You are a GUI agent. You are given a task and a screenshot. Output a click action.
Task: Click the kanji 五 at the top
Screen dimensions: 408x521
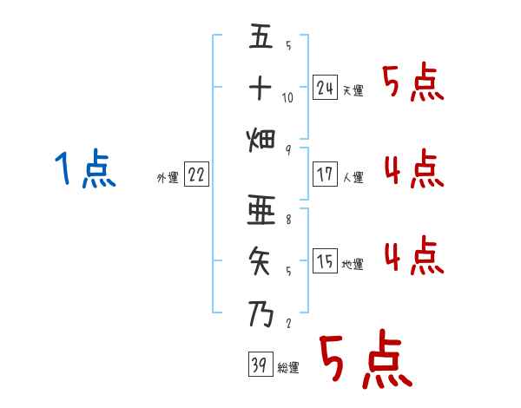click(x=261, y=37)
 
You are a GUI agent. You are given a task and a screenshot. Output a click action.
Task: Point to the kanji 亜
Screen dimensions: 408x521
click(x=261, y=212)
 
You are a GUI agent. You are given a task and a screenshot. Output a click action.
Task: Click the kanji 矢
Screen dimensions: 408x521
click(x=261, y=260)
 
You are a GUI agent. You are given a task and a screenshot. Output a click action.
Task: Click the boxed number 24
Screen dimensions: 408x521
click(x=326, y=88)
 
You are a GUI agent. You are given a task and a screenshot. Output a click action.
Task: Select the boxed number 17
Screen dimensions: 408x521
click(x=326, y=174)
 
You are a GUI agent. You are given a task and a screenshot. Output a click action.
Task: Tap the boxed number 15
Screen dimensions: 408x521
click(x=326, y=261)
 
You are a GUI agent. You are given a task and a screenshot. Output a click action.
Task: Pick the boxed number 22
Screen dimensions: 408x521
click(x=196, y=174)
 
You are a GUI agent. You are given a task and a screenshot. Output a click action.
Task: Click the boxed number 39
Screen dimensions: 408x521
click(x=258, y=365)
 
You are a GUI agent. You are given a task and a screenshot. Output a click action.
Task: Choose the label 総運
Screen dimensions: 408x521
click(x=288, y=368)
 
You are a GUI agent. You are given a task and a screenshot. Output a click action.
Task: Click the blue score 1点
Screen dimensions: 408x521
click(x=84, y=169)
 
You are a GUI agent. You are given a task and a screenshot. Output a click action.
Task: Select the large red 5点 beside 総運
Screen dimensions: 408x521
click(x=364, y=360)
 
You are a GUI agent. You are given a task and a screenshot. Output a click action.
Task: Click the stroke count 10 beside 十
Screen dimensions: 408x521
click(x=288, y=97)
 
